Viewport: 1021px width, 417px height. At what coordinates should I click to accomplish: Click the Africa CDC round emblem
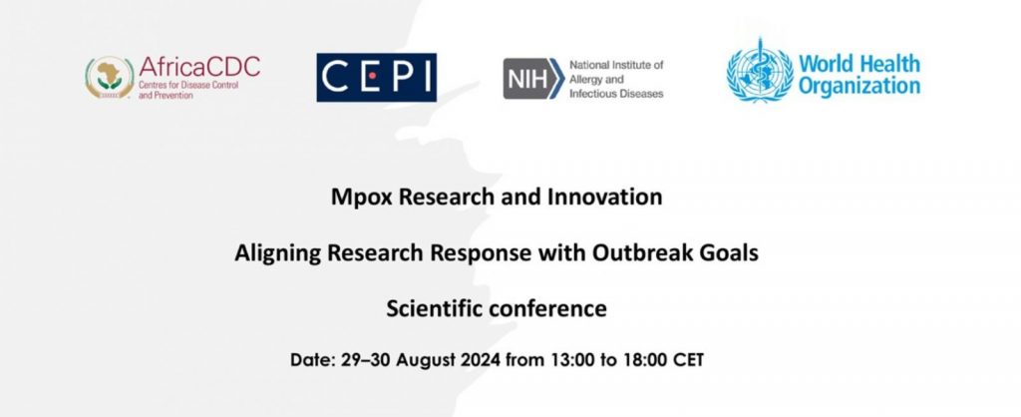(110, 77)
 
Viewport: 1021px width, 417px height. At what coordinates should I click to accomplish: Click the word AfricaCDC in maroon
(199, 66)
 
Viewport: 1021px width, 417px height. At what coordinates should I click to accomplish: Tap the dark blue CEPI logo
(376, 78)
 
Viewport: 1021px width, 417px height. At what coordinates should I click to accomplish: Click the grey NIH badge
(533, 78)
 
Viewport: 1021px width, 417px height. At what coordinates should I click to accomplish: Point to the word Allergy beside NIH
(586, 80)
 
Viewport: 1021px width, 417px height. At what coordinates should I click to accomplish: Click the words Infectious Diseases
(616, 93)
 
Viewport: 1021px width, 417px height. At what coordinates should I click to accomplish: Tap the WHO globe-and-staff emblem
(760, 71)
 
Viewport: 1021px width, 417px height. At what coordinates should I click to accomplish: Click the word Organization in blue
(859, 85)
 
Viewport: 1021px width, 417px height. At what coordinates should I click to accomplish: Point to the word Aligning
(278, 252)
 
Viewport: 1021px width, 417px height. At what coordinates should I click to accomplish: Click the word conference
(547, 308)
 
